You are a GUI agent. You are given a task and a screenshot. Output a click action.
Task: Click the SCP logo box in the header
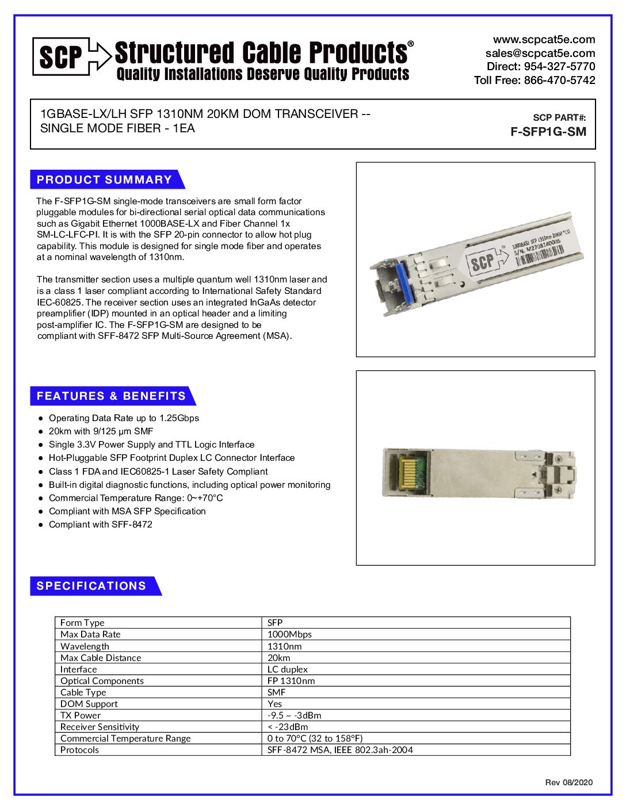click(61, 56)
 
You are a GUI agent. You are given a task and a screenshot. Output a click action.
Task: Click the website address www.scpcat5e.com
click(544, 40)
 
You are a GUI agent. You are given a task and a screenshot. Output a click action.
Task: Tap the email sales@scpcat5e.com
click(540, 53)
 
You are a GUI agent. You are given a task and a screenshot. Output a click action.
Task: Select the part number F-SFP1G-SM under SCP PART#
click(548, 132)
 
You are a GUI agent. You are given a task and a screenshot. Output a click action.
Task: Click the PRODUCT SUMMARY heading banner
click(105, 179)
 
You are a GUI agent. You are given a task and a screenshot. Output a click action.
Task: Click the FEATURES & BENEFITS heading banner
click(111, 396)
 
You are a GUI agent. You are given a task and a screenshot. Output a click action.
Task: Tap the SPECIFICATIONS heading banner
click(92, 586)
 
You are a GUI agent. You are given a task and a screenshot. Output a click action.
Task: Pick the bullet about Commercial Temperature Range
click(136, 498)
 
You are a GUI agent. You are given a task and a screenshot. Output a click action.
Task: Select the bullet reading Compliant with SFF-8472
click(101, 525)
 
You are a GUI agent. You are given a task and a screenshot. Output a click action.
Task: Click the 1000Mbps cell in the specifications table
click(289, 635)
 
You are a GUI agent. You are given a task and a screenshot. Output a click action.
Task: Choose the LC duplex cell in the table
click(288, 670)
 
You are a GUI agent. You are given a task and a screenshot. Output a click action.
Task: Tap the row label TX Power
click(81, 716)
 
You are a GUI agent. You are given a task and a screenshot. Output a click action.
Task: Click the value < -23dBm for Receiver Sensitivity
click(288, 727)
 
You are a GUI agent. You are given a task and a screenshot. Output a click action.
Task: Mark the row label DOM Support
click(89, 704)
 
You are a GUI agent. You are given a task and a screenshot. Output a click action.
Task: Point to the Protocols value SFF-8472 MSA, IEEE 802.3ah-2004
click(340, 750)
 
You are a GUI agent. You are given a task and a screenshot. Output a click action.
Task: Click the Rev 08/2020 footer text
click(568, 782)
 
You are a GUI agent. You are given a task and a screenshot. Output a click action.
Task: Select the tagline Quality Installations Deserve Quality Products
click(263, 74)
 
